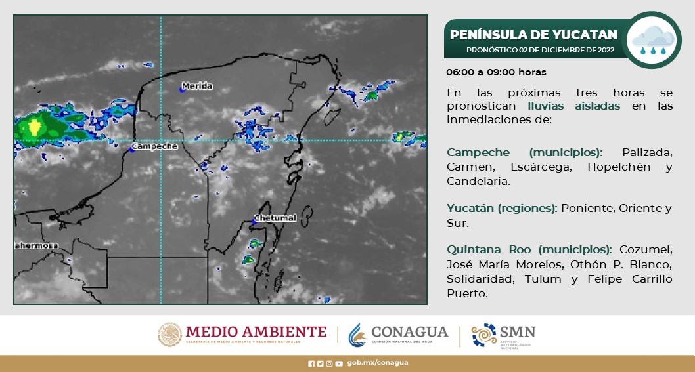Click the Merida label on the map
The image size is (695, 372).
[x=197, y=86]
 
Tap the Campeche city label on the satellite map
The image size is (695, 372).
[x=155, y=146]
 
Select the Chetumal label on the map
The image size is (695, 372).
[x=275, y=218]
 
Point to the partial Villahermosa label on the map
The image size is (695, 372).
[x=36, y=246]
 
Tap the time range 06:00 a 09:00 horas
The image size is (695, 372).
[x=496, y=72]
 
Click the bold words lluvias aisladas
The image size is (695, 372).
[x=573, y=106]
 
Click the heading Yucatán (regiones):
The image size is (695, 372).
[x=503, y=209]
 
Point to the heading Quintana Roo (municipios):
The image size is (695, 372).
[x=529, y=250]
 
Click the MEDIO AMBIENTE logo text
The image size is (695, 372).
[x=256, y=332]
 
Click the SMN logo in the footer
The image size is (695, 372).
[x=504, y=335]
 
